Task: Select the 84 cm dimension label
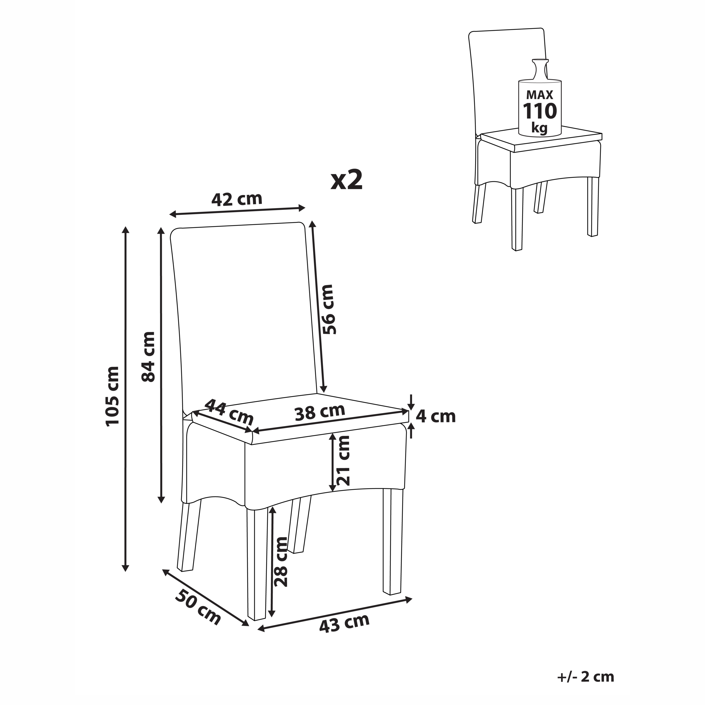pyautogui.click(x=148, y=357)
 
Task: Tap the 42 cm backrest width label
pyautogui.click(x=237, y=199)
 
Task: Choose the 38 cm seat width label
pyautogui.click(x=320, y=412)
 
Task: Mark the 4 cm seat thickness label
pyautogui.click(x=436, y=417)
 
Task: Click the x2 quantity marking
pyautogui.click(x=347, y=180)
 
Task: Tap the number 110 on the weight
pyautogui.click(x=540, y=111)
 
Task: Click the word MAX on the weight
pyautogui.click(x=540, y=95)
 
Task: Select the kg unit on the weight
pyautogui.click(x=539, y=128)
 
